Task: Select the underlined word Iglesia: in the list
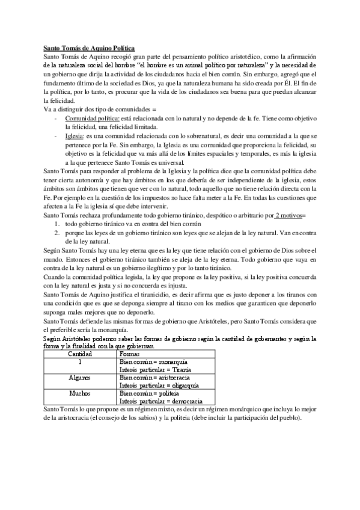(76, 137)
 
